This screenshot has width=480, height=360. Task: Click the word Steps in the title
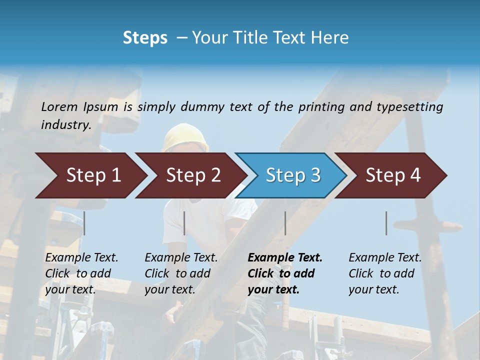pyautogui.click(x=145, y=38)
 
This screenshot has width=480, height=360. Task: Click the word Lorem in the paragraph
pyautogui.click(x=59, y=106)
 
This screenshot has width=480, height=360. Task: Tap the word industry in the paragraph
pyautogui.click(x=65, y=124)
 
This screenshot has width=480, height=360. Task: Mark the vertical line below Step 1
pyautogui.click(x=84, y=223)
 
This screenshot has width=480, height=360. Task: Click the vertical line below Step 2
pyautogui.click(x=184, y=223)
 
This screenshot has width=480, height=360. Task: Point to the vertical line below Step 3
pyautogui.click(x=285, y=223)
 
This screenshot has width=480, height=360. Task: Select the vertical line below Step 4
pyautogui.click(x=386, y=223)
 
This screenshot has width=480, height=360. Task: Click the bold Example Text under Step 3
pyautogui.click(x=285, y=258)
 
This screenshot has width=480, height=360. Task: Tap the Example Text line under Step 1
pyautogui.click(x=81, y=258)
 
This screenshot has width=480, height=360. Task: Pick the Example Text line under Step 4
pyautogui.click(x=385, y=258)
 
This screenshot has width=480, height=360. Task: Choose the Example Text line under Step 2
pyautogui.click(x=181, y=258)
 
